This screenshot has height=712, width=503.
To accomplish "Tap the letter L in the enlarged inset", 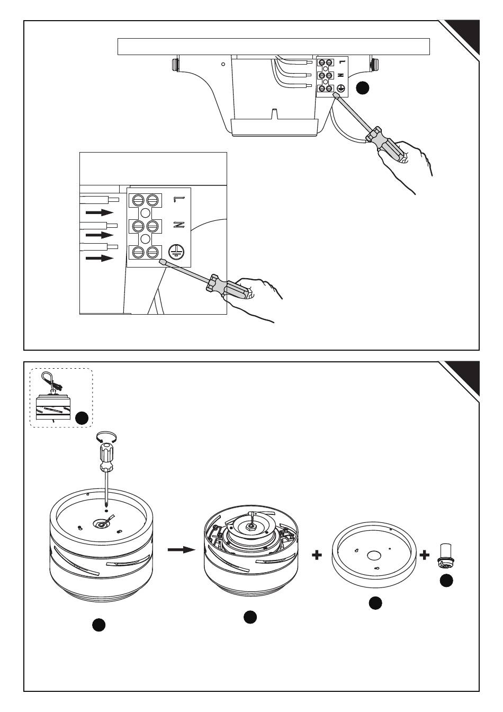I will coord(178,200).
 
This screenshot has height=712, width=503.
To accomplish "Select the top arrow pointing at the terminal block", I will coord(100,212).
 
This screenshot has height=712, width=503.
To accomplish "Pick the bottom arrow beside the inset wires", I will coord(100,258).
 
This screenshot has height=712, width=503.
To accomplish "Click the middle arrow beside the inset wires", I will coord(100,234).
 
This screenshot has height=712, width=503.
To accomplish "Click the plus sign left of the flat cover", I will coord(317,555).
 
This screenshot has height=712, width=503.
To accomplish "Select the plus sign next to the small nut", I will coord(425,555).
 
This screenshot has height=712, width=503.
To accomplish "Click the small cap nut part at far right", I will coord(444,557).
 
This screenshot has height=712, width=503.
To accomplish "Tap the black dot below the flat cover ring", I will coord(375,603).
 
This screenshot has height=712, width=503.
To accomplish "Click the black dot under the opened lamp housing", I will coord(250,617).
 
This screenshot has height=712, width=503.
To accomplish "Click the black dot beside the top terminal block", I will coord(362,88).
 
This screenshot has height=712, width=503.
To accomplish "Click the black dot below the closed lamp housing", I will coord(98,625).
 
